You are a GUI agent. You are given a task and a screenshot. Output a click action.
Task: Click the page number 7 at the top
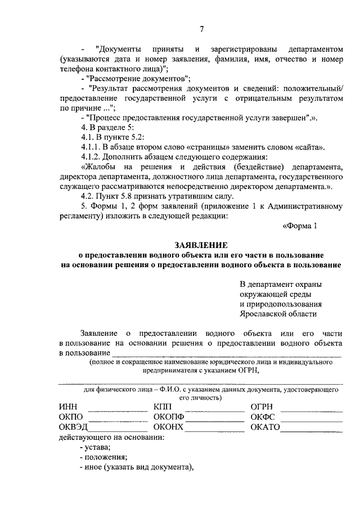click(201, 29)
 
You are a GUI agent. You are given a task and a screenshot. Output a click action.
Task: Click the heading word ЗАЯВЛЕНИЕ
click(201, 245)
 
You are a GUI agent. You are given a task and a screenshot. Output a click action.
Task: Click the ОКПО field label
click(71, 417)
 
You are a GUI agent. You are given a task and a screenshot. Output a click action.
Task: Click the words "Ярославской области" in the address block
click(278, 314)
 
